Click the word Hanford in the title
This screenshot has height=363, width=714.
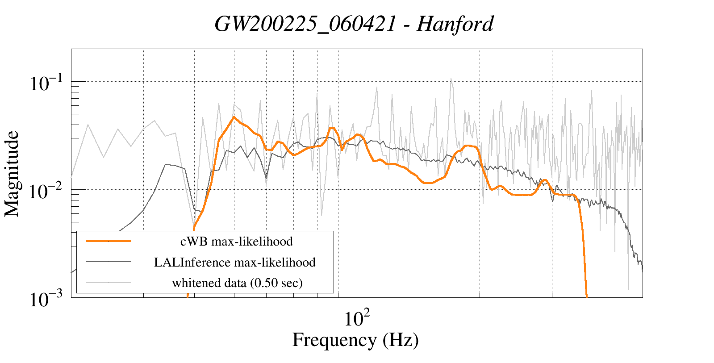[x=455, y=24]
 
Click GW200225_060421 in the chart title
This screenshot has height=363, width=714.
[x=305, y=24]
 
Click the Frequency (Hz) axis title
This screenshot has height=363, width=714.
[x=355, y=340]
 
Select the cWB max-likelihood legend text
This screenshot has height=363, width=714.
[x=236, y=242]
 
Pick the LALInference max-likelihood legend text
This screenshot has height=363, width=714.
[x=235, y=262]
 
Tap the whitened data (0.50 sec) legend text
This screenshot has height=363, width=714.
[x=237, y=283]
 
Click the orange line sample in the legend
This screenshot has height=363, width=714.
[x=109, y=241]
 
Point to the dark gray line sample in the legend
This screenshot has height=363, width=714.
[x=109, y=262]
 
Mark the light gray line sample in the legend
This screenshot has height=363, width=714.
[x=109, y=282]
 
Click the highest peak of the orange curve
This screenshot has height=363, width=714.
[x=234, y=117]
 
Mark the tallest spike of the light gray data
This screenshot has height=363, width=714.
[x=451, y=79]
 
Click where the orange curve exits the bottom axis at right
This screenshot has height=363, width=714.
[x=586, y=296]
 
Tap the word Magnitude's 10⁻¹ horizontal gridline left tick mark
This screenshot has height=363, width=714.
[x=74, y=81]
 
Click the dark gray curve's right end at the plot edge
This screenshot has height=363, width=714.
[x=642, y=268]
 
